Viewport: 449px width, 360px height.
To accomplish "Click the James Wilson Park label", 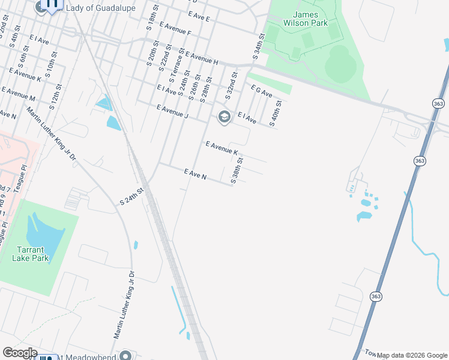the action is [309, 19].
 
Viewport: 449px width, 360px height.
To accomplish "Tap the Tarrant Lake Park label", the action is [29, 253].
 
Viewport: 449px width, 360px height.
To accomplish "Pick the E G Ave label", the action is [261, 91].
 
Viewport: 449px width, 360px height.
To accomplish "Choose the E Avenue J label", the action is [172, 112].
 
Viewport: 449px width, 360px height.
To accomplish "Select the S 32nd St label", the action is [232, 86].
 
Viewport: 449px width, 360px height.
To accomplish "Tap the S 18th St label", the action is [151, 19].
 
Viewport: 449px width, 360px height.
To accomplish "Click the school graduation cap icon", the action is [224, 116].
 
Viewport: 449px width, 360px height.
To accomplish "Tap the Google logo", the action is [20, 353].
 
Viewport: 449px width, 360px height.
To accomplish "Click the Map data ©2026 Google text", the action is [412, 355].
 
